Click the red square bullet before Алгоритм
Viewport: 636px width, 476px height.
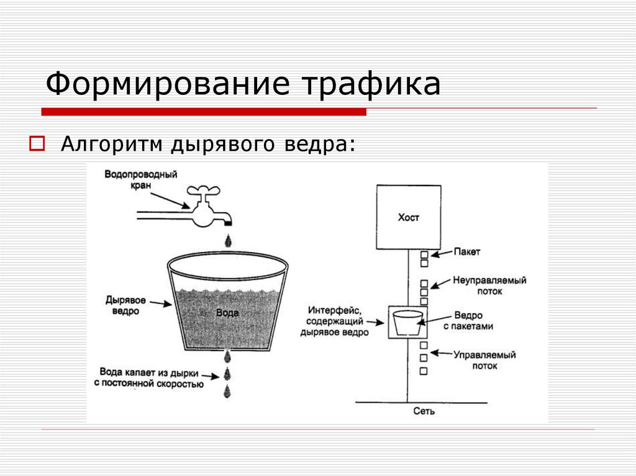coord(35,145)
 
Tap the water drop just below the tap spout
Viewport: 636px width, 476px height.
coord(228,239)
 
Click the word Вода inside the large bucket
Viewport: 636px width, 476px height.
coord(227,313)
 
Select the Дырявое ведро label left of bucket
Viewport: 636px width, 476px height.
coord(125,305)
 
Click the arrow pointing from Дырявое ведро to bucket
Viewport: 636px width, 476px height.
coord(160,303)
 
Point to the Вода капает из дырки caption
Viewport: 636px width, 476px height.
coord(149,378)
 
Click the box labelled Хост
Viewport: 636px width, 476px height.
coord(408,217)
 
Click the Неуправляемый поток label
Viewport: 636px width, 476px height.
coord(489,285)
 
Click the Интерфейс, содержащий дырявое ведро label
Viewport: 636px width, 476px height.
coord(334,320)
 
